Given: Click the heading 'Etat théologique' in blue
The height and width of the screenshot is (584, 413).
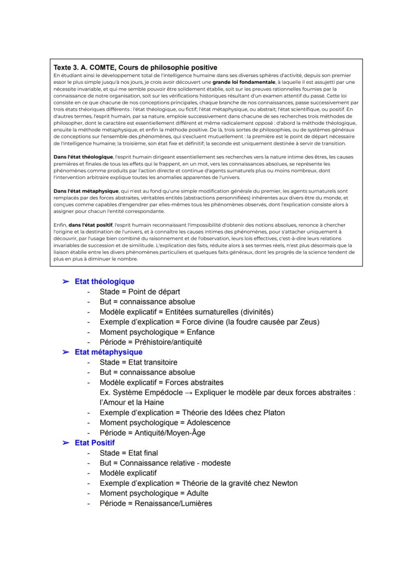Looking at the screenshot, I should click(x=104, y=281).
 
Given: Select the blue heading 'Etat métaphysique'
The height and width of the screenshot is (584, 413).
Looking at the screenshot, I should click(x=108, y=352).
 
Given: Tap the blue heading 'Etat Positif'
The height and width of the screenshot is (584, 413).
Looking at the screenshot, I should click(x=95, y=443).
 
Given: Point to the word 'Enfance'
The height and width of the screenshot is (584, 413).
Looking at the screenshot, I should click(x=200, y=332).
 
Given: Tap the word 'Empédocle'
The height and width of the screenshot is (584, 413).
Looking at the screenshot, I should click(x=161, y=392).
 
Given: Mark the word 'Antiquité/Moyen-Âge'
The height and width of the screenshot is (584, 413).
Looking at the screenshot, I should click(x=170, y=433).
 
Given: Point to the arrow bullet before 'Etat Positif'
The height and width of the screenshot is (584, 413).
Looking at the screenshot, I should click(x=65, y=443).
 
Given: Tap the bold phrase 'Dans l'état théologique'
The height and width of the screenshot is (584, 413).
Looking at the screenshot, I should click(x=83, y=157).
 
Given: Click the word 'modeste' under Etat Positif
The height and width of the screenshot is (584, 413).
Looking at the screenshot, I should click(x=216, y=463).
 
